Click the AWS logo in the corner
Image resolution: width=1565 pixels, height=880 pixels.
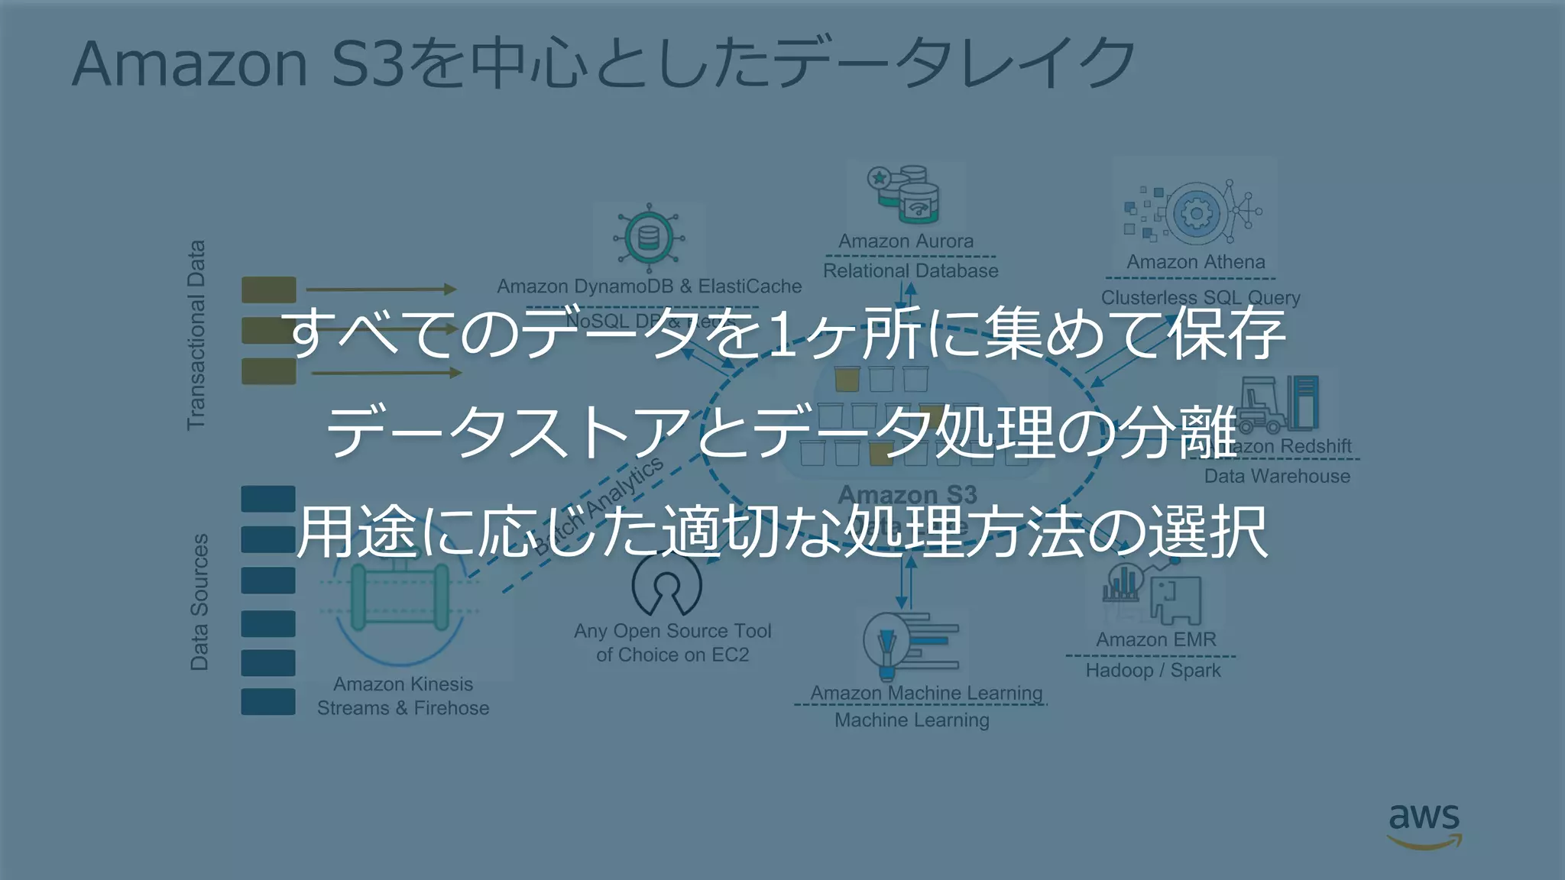pyautogui.click(x=1424, y=826)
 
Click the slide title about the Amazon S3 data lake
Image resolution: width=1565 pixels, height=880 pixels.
pyautogui.click(x=604, y=63)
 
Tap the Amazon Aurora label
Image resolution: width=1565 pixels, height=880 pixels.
pyautogui.click(x=906, y=241)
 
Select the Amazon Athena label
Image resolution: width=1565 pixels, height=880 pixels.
pyautogui.click(x=1195, y=262)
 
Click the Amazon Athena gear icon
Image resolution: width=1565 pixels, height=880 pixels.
pyautogui.click(x=1195, y=213)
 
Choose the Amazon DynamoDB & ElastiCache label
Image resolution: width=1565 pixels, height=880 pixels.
pyautogui.click(x=649, y=286)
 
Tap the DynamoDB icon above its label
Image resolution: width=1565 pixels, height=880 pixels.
pyautogui.click(x=648, y=238)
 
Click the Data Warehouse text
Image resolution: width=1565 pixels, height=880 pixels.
pyautogui.click(x=1277, y=477)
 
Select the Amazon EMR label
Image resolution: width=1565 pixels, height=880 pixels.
pyautogui.click(x=1155, y=640)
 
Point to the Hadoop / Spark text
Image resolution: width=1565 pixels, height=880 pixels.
pyautogui.click(x=1153, y=671)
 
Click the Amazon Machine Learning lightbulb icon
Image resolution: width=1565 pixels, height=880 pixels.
pyautogui.click(x=887, y=645)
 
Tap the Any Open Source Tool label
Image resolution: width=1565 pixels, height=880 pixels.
pyautogui.click(x=672, y=632)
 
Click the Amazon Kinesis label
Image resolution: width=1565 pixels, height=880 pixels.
pyautogui.click(x=403, y=684)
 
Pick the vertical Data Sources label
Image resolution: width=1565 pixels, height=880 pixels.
pyautogui.click(x=199, y=602)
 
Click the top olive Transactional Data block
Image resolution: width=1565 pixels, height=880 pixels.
pyautogui.click(x=268, y=290)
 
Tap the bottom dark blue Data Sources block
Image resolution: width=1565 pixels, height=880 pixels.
pyautogui.click(x=268, y=702)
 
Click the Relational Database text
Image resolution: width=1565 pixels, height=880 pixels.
pyautogui.click(x=910, y=271)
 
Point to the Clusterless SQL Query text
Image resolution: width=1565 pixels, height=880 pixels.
pyautogui.click(x=1200, y=297)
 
